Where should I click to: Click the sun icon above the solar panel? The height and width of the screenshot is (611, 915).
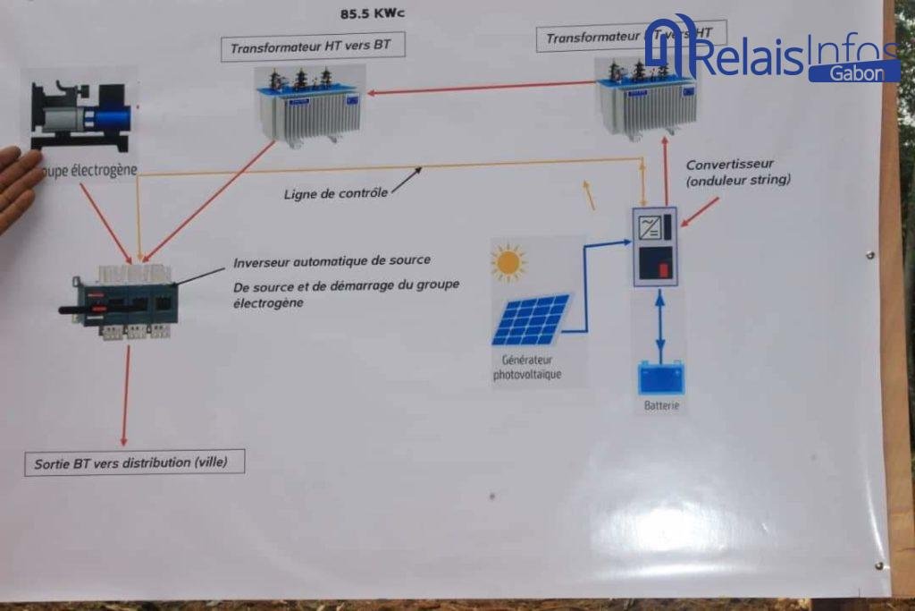508,262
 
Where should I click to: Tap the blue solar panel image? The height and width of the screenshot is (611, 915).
530,320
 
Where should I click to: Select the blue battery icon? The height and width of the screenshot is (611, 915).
660,378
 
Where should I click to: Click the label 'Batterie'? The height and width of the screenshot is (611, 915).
661,406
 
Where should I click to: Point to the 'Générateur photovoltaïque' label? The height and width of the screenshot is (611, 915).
527,368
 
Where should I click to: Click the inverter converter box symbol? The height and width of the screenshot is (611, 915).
654,246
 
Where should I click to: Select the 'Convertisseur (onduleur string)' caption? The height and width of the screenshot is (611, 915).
738,172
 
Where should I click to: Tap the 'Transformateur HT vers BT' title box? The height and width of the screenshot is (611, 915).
312,45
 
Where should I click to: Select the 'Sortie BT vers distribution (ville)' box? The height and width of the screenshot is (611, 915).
134,462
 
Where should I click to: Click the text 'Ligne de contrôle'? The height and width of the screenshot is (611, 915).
335,193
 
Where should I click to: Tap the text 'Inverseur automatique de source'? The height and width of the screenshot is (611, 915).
332,261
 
